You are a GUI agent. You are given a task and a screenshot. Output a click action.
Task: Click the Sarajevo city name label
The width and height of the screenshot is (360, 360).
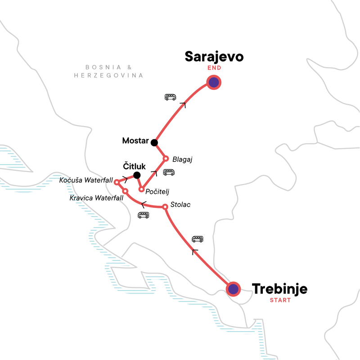[x=214, y=57]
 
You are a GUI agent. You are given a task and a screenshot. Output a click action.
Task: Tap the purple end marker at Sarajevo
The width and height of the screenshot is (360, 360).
[x=214, y=82]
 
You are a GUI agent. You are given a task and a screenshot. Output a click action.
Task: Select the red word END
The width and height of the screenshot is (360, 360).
[x=214, y=68]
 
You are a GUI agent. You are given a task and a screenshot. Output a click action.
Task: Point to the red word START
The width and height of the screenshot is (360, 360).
[x=279, y=300]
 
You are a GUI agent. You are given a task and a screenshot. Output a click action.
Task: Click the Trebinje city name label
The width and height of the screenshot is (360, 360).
[x=279, y=288]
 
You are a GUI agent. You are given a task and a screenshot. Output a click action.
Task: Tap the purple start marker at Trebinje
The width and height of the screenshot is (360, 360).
[x=233, y=288]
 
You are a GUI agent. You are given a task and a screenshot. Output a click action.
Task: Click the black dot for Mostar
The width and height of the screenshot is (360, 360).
[x=154, y=143]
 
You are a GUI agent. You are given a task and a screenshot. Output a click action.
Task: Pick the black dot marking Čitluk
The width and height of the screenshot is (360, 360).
[x=137, y=175]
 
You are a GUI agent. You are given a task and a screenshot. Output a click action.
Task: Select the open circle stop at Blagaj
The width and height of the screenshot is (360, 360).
[x=165, y=158]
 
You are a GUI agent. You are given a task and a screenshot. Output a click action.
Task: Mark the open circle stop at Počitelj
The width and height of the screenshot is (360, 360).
[x=141, y=189]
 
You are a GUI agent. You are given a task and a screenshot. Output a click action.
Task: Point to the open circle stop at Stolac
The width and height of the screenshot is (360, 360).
[x=165, y=207]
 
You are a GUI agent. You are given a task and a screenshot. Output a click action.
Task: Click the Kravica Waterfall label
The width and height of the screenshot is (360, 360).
[x=94, y=198]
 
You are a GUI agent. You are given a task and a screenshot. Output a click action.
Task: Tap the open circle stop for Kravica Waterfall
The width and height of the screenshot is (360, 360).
[x=125, y=191]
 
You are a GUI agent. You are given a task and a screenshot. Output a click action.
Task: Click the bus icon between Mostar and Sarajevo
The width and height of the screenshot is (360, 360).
[x=171, y=97]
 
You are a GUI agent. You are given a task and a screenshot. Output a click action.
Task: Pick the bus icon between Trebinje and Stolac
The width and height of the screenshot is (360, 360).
[x=197, y=239]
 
